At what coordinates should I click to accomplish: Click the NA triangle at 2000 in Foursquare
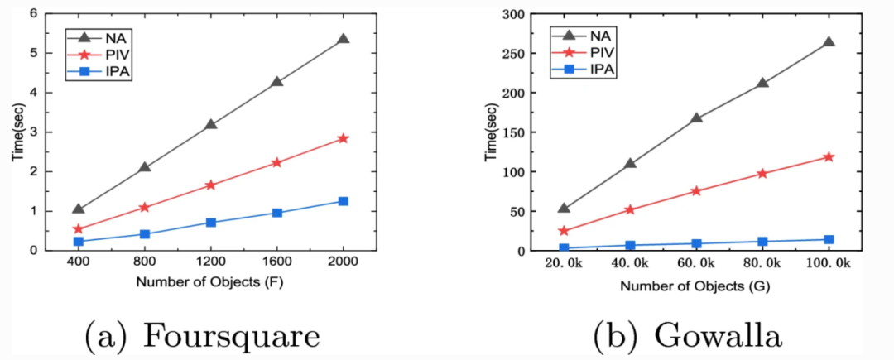[343, 39]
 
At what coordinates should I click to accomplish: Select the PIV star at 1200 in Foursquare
[210, 185]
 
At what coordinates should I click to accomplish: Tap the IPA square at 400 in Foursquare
[79, 242]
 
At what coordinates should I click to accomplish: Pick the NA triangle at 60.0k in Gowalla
[696, 118]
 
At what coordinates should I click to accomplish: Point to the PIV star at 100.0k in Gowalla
[829, 156]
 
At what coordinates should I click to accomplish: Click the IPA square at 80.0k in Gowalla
[762, 242]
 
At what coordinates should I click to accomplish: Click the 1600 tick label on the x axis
[276, 262]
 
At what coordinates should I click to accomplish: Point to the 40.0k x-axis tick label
[630, 262]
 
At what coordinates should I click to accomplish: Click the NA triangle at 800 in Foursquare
[145, 167]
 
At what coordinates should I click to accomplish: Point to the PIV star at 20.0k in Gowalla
[564, 231]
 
